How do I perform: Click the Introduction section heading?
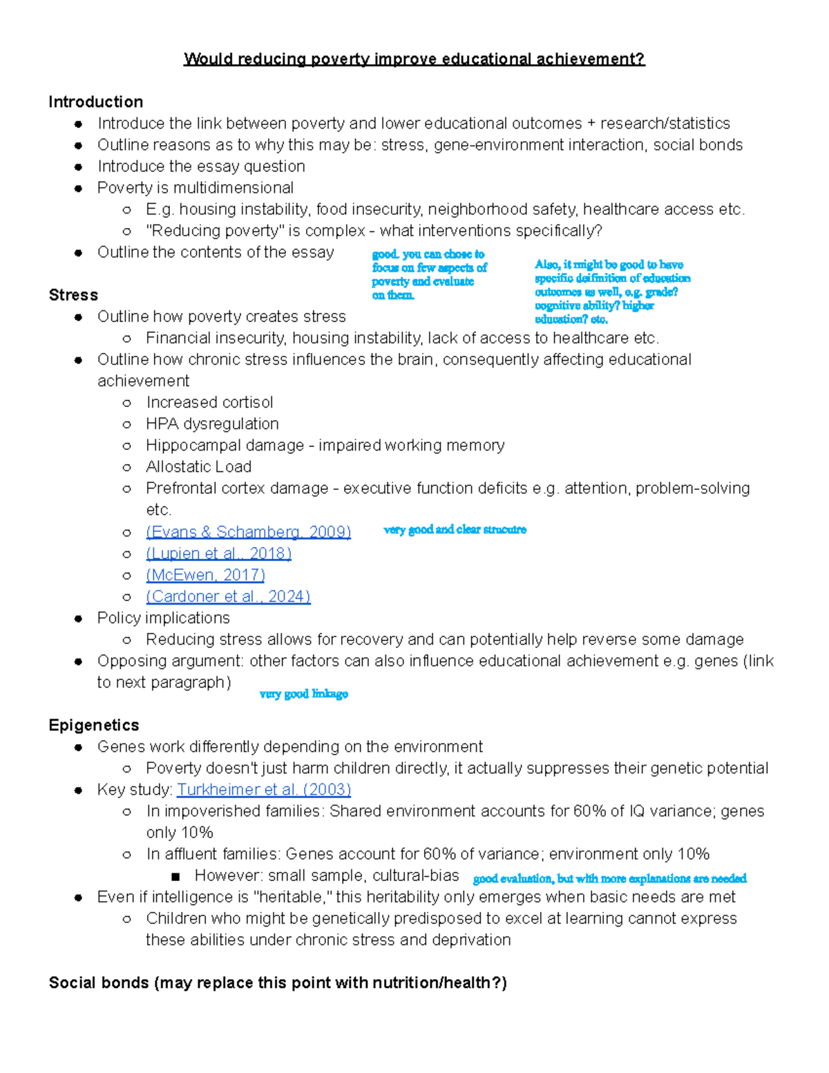click(95, 102)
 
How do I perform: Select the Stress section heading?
click(73, 295)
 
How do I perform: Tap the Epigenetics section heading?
click(94, 725)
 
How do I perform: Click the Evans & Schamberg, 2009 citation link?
click(248, 532)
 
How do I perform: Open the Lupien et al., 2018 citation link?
click(218, 553)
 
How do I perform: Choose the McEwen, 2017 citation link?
click(205, 575)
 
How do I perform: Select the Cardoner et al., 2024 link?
click(228, 596)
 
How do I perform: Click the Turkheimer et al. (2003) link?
click(264, 790)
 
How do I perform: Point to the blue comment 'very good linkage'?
click(303, 694)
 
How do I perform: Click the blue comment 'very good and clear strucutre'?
click(455, 530)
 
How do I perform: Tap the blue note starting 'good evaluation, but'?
click(609, 879)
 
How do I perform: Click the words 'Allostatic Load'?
click(198, 467)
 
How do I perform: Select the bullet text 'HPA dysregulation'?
click(212, 424)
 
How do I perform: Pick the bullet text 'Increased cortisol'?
click(209, 403)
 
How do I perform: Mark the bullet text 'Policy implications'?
click(163, 618)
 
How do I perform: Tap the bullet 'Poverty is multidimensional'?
click(195, 188)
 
